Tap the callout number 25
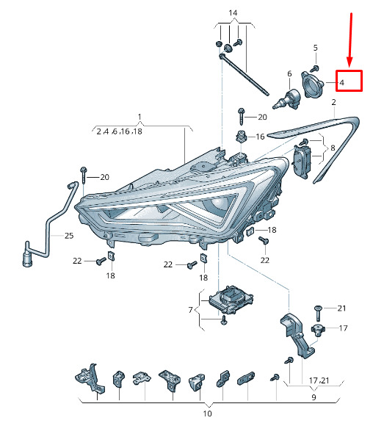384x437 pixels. pos(69,236)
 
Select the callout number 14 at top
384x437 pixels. pos(233,12)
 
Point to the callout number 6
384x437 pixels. pos(289,74)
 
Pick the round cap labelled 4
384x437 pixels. pos(312,84)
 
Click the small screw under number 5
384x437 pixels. pos(315,68)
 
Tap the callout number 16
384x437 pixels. pos(260,137)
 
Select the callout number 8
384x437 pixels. pos(333,148)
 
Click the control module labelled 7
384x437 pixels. pos(231,300)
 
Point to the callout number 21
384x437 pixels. pos(341,308)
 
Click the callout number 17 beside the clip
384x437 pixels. pos(344,328)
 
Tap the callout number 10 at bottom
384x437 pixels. pos(207,413)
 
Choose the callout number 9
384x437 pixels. pos(314,397)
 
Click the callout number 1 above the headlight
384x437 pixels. pos(140,117)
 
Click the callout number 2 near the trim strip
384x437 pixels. pos(334,102)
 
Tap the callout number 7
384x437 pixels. pos(191,310)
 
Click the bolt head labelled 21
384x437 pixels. pos(318,308)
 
